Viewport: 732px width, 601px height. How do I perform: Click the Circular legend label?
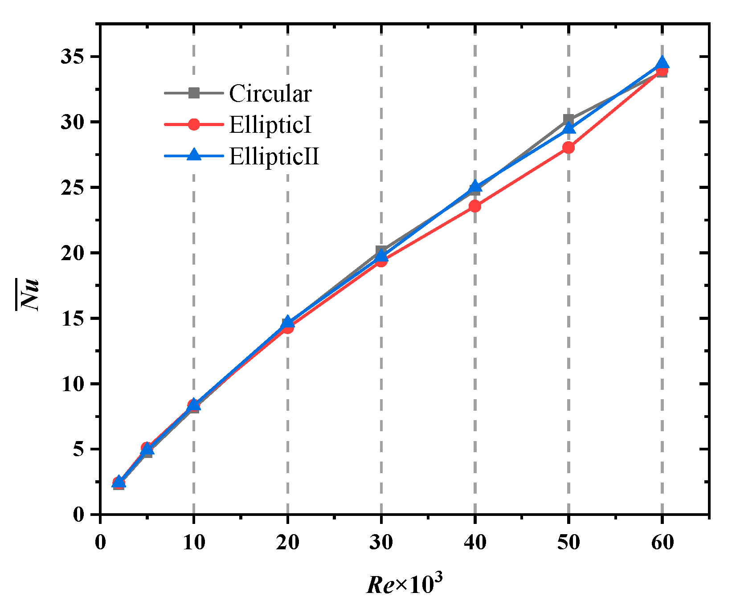[x=270, y=94]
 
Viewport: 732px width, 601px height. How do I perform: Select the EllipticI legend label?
[x=270, y=125]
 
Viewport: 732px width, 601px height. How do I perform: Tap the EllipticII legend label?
[x=274, y=156]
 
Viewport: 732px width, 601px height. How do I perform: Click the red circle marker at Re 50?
[x=568, y=147]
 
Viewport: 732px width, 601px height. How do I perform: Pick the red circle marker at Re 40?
[x=475, y=206]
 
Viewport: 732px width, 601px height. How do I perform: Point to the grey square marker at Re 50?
[x=568, y=119]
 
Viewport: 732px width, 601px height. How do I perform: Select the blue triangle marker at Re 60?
[x=662, y=63]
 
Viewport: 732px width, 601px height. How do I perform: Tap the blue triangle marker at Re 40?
[x=475, y=186]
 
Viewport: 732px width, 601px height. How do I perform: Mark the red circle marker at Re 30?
[x=381, y=261]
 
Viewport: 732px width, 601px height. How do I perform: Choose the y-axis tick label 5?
[x=78, y=449]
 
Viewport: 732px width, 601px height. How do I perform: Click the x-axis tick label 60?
[x=662, y=543]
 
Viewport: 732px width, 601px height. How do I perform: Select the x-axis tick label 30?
[x=381, y=543]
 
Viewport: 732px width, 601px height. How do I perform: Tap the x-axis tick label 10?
[x=194, y=543]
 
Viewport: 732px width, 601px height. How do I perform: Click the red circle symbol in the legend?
[x=194, y=125]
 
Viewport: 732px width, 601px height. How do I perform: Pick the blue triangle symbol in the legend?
[x=194, y=155]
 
